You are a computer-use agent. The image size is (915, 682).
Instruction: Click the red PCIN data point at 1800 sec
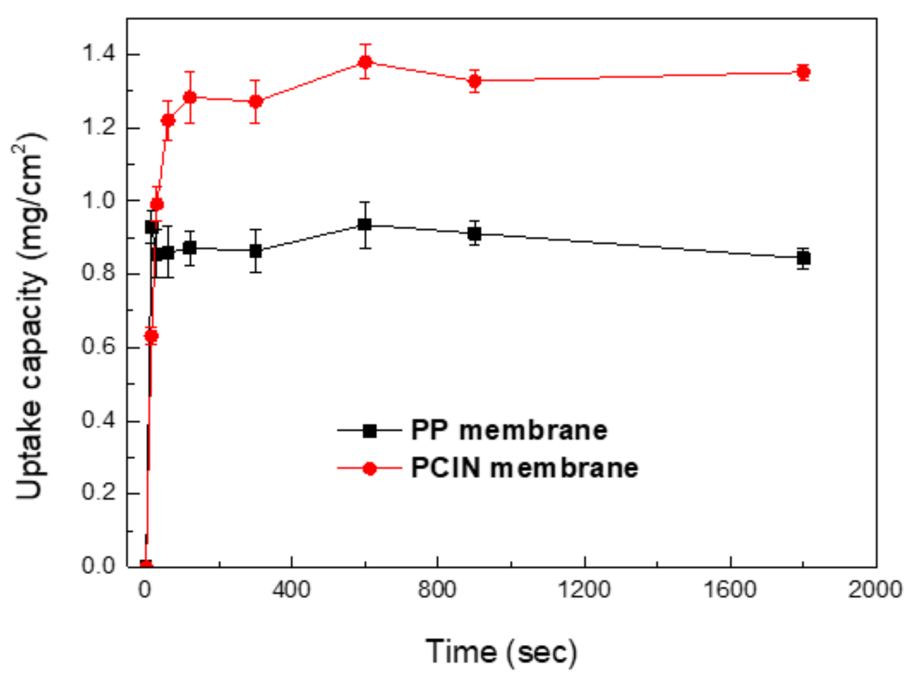click(x=803, y=71)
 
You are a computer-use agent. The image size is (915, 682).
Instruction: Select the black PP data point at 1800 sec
click(x=803, y=258)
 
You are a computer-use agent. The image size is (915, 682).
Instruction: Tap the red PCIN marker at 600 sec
click(x=365, y=62)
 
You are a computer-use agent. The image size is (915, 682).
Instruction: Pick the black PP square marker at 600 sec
click(x=364, y=225)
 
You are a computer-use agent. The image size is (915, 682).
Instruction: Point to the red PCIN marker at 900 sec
click(x=475, y=81)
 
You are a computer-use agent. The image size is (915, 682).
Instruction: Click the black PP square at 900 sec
click(x=474, y=234)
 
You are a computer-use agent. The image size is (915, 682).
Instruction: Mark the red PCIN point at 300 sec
click(x=256, y=101)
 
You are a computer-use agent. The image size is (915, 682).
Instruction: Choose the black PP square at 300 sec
click(x=256, y=251)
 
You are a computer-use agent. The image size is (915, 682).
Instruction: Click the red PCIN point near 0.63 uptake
click(x=151, y=336)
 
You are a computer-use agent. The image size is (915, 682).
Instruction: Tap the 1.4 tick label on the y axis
click(x=99, y=54)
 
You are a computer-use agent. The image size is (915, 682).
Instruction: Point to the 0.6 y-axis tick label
click(x=99, y=347)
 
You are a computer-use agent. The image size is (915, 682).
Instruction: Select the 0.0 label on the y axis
click(x=99, y=566)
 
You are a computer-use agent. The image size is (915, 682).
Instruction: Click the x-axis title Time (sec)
click(x=501, y=651)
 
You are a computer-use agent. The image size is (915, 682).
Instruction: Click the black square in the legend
click(x=370, y=430)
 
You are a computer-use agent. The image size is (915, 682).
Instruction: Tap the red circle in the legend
click(x=370, y=469)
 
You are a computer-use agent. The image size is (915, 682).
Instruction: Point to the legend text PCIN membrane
click(x=524, y=469)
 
